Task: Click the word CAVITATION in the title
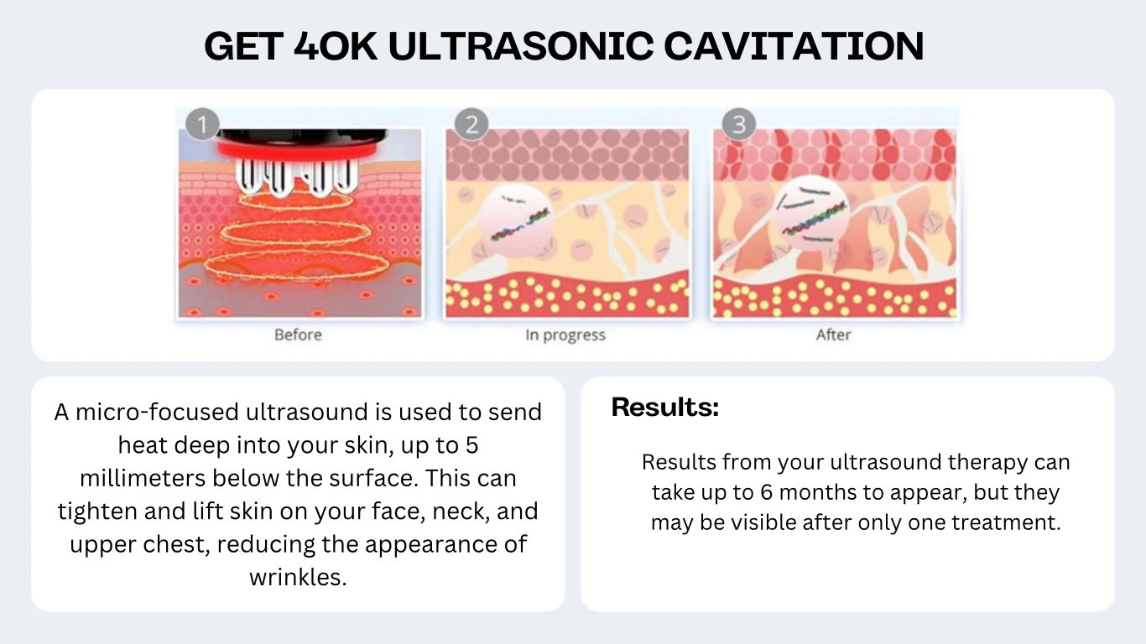pos(794,46)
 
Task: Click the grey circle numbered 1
pos(202,124)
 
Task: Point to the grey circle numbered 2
pos(471,124)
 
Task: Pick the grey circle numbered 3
pos(739,124)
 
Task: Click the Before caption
pos(299,335)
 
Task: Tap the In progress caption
pos(565,335)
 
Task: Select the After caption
pos(833,335)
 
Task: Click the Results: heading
pos(665,408)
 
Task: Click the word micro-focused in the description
pos(158,413)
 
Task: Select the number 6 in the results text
pos(766,492)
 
